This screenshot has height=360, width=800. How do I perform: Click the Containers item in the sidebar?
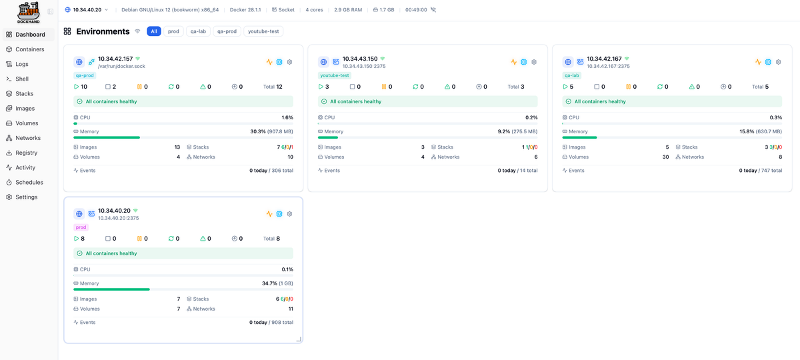(29, 49)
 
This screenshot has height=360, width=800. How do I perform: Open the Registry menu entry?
(26, 153)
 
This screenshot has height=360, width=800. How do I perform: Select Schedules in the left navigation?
(29, 182)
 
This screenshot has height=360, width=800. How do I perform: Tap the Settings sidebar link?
(26, 197)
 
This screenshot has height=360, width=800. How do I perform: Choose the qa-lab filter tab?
(198, 31)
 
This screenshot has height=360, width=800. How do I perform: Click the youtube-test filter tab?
(263, 31)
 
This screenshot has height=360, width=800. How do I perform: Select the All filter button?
(154, 31)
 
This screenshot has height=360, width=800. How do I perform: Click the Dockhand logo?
(29, 12)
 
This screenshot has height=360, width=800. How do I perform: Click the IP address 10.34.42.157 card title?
(115, 59)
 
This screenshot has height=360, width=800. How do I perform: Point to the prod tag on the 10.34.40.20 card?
(81, 227)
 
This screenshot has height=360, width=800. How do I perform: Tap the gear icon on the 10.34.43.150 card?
(534, 62)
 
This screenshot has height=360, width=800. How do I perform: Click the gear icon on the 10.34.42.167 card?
(779, 62)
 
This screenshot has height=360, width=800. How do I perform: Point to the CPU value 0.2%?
(531, 117)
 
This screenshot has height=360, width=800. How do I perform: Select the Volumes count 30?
(665, 157)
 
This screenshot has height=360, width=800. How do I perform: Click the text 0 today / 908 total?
(271, 323)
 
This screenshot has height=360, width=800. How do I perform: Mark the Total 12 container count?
(273, 87)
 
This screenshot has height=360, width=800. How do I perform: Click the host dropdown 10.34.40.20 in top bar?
(87, 10)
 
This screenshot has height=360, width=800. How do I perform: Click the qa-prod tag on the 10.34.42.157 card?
(84, 75)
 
